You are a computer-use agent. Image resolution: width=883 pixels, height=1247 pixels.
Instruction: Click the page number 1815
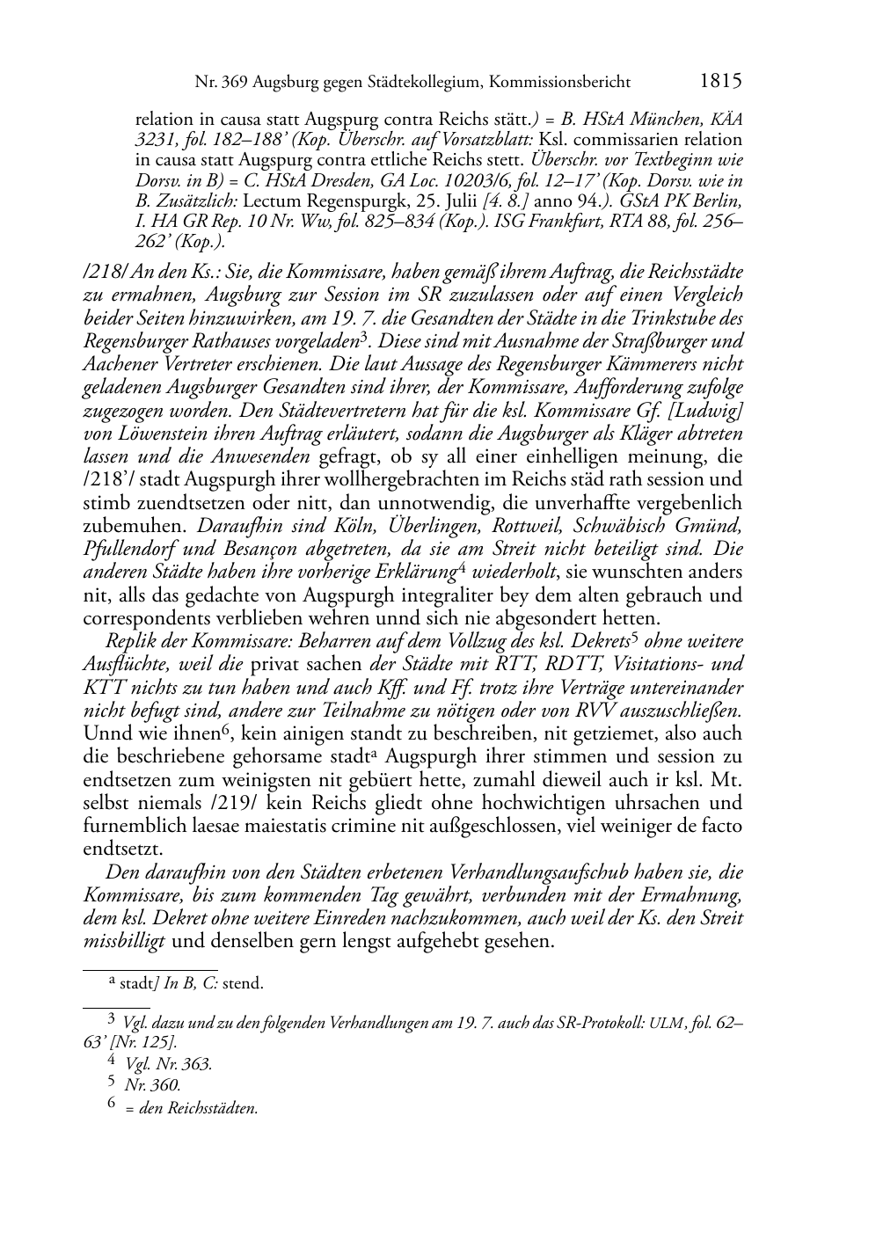point(720,82)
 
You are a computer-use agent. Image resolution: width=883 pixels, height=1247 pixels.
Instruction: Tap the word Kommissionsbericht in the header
point(559,83)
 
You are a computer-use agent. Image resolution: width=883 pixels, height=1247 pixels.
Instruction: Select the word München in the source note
point(668,118)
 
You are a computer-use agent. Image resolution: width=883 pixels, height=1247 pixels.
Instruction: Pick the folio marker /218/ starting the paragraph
point(101,272)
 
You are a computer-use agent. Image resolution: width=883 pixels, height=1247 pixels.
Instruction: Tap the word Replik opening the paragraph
point(130,641)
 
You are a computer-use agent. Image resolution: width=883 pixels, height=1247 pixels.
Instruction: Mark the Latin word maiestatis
point(288,826)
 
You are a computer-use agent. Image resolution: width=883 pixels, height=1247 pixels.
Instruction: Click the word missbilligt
point(123,941)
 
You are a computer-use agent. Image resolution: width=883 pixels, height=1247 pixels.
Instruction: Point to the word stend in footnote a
point(243,983)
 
